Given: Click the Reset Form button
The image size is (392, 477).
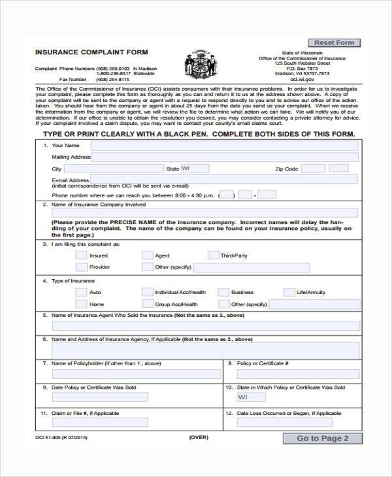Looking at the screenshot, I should [x=334, y=42].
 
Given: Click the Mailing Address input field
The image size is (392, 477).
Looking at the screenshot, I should [x=225, y=157].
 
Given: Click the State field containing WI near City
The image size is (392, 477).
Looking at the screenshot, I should [x=195, y=169].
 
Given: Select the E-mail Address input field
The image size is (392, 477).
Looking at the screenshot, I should [x=223, y=180].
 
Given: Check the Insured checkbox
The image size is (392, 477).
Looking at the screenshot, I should [x=81, y=255].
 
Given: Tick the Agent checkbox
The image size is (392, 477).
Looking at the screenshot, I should [x=147, y=255].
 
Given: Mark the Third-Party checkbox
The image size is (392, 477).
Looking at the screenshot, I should [x=213, y=255].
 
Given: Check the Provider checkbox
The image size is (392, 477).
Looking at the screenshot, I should [x=81, y=267].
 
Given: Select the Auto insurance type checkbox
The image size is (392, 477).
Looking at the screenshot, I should [x=81, y=292].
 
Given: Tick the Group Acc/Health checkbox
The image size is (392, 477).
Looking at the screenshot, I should [x=147, y=304].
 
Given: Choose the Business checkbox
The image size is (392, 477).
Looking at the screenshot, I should [x=223, y=292].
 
